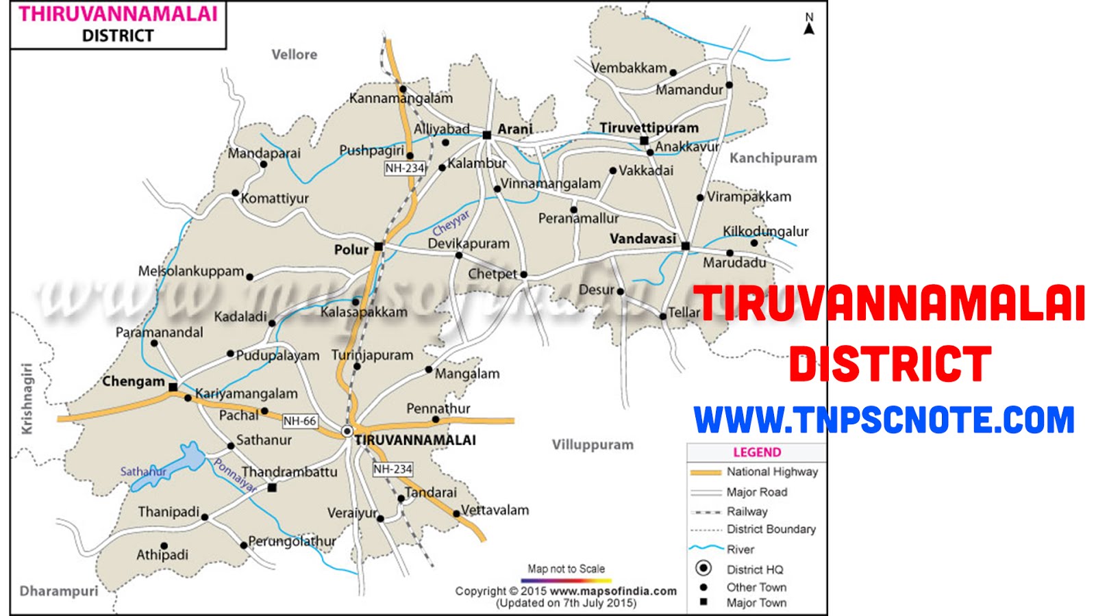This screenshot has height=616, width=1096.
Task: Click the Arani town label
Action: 514,129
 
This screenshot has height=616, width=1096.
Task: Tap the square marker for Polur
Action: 379,246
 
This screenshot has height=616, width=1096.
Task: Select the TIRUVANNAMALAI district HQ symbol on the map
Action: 347,431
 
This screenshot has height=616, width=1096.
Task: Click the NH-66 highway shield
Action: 299,421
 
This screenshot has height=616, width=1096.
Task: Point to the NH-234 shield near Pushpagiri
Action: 405,168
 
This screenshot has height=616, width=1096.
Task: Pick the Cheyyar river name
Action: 451,222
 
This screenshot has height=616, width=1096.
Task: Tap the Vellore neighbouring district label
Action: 294,55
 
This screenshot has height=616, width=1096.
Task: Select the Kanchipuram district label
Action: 773,158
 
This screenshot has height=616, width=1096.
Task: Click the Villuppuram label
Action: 593,445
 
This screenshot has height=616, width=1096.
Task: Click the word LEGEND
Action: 757,452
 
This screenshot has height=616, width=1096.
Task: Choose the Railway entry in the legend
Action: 747,511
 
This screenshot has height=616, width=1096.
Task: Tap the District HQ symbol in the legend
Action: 703,568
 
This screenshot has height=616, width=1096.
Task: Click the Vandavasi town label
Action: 643,239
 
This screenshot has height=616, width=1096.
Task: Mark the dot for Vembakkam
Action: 673,73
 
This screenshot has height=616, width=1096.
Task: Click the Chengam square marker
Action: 173,387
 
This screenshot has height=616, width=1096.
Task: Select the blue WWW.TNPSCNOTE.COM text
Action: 884,420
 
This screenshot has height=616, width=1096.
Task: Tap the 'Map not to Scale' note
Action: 566,569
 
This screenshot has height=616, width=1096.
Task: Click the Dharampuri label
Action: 59,591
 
